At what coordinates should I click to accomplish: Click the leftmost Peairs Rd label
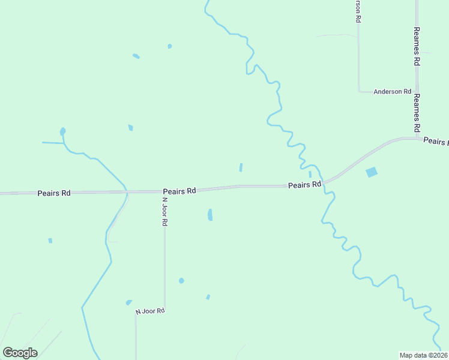54,193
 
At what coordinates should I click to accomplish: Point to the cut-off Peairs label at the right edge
435,141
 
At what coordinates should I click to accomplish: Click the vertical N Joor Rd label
164,211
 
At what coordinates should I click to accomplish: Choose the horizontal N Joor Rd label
149,311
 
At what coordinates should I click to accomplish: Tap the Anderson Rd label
392,92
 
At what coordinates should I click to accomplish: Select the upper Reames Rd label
416,46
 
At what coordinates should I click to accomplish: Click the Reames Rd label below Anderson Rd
416,113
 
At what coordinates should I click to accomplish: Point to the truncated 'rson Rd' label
358,11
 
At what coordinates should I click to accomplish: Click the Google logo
20,353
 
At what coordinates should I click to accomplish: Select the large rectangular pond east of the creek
372,172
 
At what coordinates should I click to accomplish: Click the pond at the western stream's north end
62,131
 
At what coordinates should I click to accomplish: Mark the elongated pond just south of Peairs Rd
209,214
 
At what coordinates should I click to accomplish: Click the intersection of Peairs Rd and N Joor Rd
164,191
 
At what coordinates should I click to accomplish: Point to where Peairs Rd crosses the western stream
127,192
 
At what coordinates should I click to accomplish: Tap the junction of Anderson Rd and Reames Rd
417,92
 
